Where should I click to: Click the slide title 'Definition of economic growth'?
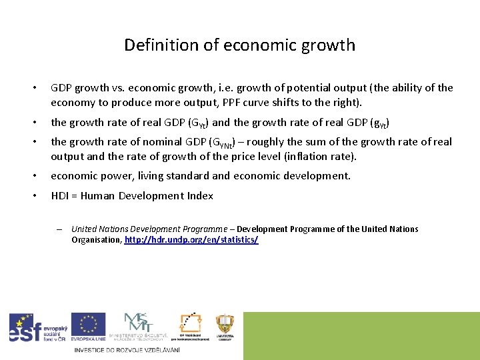[x=239, y=45]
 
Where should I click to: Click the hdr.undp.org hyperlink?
[x=191, y=239]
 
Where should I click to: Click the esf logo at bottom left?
[x=37, y=328]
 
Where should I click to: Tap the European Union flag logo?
[x=88, y=327]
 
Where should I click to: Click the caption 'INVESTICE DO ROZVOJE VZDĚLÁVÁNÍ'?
[x=127, y=350]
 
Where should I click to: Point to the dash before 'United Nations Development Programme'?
[x=59, y=229]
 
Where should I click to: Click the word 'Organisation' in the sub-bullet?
[x=96, y=239]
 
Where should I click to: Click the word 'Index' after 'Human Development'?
[x=199, y=196]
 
